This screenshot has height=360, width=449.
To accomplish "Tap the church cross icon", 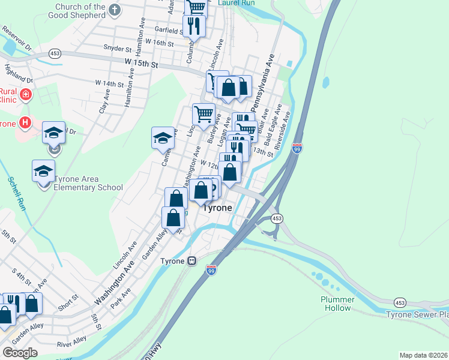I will click(116, 10).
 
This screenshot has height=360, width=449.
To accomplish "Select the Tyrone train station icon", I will click(192, 262).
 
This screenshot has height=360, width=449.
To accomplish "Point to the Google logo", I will click(20, 352).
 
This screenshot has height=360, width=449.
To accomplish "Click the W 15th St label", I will click(141, 63).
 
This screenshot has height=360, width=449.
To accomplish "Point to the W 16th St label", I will click(159, 43).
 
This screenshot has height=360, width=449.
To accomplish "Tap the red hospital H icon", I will click(25, 122).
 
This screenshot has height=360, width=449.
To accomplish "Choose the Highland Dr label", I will click(18, 73).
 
